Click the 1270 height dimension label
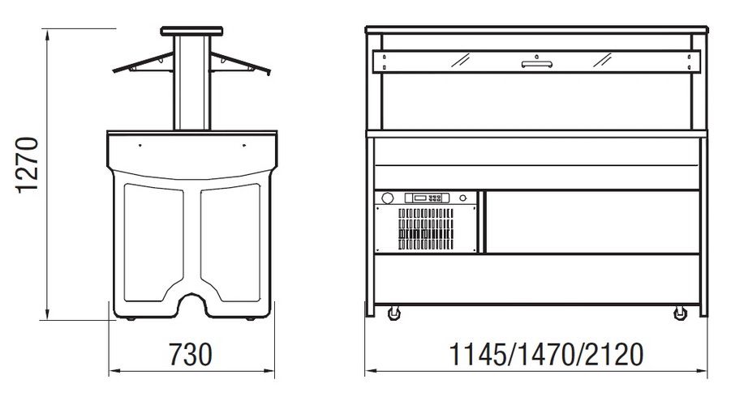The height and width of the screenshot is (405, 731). click(27, 164)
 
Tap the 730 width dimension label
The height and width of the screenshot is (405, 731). click(190, 355)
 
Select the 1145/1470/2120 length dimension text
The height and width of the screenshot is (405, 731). click(546, 355)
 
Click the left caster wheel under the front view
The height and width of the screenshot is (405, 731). click(394, 313)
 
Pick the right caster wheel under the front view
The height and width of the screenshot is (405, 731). click(680, 313)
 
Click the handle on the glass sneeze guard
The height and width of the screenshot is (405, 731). click(536, 64)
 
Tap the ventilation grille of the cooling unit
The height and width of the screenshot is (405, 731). click(426, 229)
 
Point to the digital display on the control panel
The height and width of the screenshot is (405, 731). click(420, 198)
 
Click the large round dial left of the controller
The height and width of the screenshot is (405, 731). click(387, 198)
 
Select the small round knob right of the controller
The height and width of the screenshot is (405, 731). click(463, 198)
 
